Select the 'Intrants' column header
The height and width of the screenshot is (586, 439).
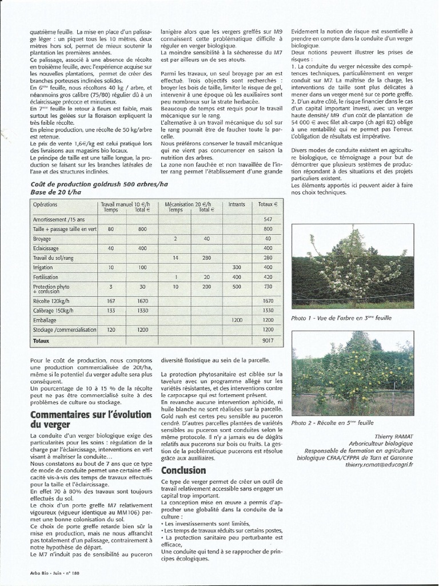click(x=236, y=204)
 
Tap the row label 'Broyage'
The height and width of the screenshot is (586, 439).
click(x=42, y=239)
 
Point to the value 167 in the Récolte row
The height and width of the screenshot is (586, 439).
click(x=111, y=300)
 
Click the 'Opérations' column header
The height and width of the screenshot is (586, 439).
click(x=45, y=204)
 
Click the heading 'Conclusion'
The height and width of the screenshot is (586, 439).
click(x=183, y=470)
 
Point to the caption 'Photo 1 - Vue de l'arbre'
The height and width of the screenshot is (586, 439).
click(x=341, y=318)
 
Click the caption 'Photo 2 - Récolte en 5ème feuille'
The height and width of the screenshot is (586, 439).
click(x=332, y=423)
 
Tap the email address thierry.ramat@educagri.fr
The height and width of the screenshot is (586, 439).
click(x=378, y=464)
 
